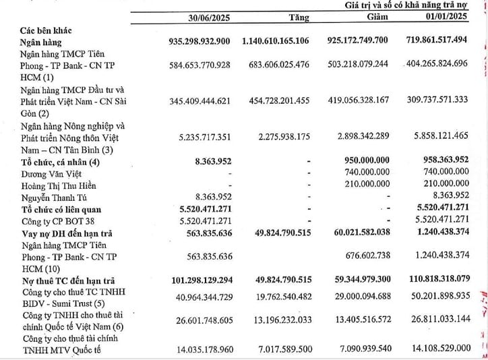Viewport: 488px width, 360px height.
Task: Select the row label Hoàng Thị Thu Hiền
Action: (x=59, y=185)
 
